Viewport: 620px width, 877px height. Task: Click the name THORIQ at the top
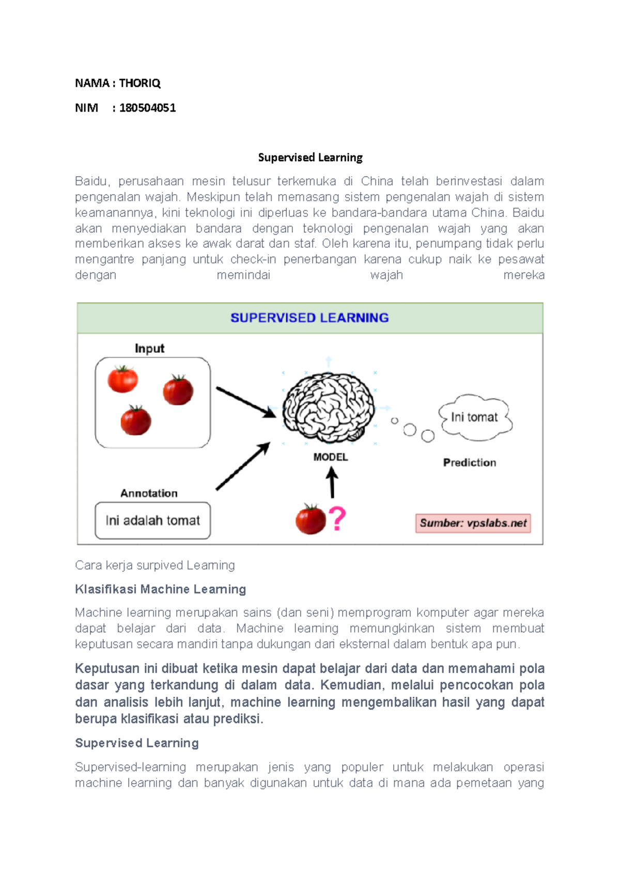tap(139, 83)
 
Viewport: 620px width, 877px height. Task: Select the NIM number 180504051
tap(147, 108)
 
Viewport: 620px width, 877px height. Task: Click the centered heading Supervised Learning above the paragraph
tap(310, 158)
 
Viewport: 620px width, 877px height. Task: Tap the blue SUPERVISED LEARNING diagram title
tap(309, 318)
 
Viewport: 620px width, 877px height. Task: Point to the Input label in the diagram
tap(149, 349)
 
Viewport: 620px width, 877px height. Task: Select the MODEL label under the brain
tap(331, 457)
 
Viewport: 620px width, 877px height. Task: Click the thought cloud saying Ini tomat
tap(474, 417)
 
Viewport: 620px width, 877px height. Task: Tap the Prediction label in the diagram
tap(469, 463)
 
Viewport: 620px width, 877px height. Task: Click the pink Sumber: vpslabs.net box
tap(473, 523)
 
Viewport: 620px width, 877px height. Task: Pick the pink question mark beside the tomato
tap(337, 519)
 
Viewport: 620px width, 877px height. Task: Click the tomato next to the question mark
tap(311, 519)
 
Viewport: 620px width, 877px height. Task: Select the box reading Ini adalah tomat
tap(152, 521)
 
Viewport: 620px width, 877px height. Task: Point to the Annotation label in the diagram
tap(149, 493)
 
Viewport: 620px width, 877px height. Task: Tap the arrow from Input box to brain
tap(245, 402)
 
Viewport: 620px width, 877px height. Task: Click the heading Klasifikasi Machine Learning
tap(160, 589)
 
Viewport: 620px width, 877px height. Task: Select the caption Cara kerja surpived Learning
tap(154, 566)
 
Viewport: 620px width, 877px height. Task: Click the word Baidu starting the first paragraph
tap(91, 181)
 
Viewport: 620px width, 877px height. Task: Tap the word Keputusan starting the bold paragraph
tap(107, 669)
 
